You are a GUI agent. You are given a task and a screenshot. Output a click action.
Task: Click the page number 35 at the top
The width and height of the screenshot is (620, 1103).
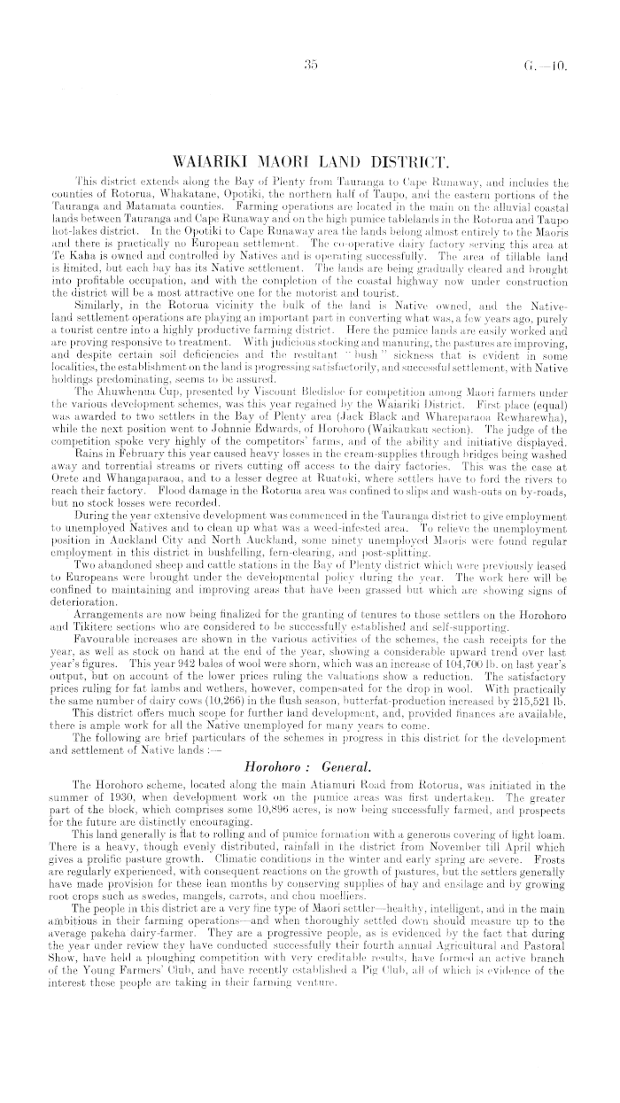tap(310, 63)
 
